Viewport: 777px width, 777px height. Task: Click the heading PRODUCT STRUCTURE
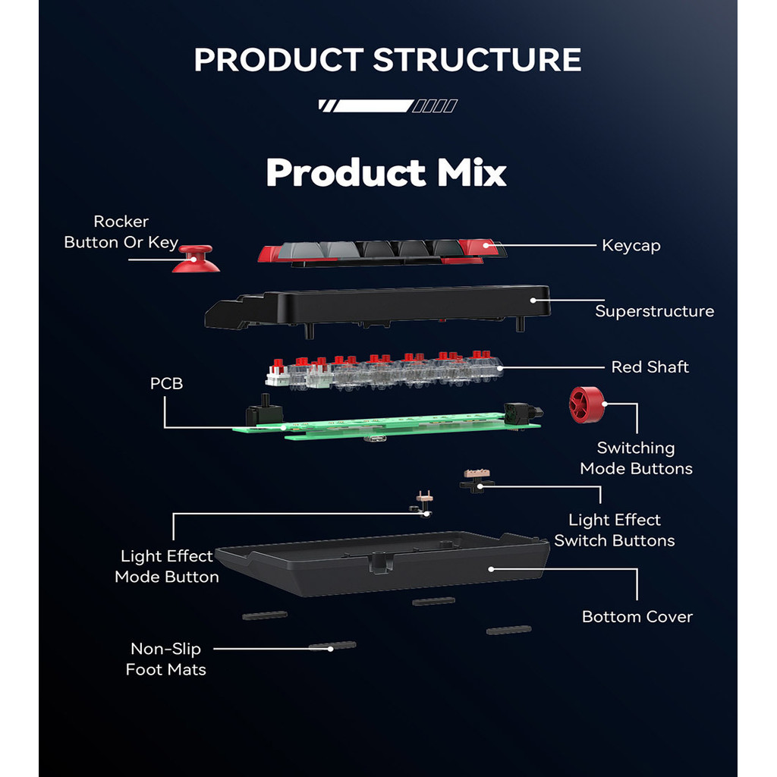click(388, 60)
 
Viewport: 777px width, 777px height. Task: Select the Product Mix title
click(386, 173)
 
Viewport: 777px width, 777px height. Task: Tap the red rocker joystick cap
click(196, 259)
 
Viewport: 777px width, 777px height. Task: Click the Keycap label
click(631, 245)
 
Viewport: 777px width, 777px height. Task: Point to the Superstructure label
click(654, 311)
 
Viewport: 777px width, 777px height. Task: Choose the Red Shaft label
click(650, 367)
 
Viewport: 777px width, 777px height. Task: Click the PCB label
click(166, 384)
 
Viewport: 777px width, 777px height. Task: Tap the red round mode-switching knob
click(586, 404)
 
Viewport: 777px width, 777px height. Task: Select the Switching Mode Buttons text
click(636, 458)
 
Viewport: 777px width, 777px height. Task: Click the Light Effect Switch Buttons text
click(614, 530)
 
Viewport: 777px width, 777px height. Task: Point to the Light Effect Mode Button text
click(167, 567)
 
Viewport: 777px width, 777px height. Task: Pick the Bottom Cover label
click(637, 617)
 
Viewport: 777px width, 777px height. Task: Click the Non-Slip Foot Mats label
click(165, 659)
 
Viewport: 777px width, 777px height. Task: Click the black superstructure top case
click(379, 304)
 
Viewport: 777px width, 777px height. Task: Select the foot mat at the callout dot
click(332, 646)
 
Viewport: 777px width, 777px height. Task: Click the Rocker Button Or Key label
click(121, 232)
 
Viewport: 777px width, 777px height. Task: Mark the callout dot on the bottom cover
click(491, 568)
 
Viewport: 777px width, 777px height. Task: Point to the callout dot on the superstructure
click(533, 300)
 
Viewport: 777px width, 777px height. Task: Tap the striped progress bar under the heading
click(388, 106)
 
